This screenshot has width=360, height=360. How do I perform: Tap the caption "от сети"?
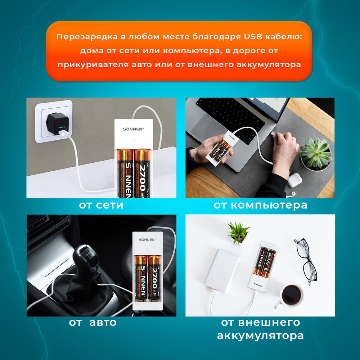101,205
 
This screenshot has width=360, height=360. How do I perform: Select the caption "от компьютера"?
260,205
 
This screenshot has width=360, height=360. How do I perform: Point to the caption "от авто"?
93,322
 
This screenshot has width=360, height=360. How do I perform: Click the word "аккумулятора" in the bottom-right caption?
260,336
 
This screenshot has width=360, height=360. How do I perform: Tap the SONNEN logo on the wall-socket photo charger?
134,129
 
